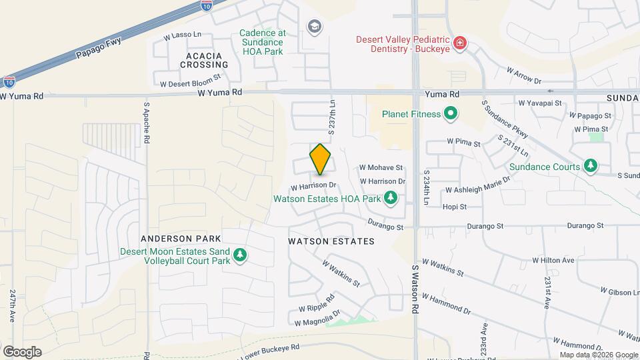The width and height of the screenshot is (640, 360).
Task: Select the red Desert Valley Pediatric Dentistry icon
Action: (459, 44)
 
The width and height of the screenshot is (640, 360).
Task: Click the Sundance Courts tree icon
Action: (589, 166)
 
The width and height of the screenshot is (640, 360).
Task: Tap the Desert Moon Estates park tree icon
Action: (240, 255)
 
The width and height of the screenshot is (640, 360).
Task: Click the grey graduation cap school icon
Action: (314, 26)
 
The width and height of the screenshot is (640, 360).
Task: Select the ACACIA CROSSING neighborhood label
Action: (204, 59)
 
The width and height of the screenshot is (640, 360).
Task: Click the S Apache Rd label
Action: (147, 124)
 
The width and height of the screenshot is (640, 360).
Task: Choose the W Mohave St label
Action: (381, 168)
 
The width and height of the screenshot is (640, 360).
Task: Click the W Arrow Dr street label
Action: (523, 75)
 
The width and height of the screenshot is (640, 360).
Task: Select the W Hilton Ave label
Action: (553, 260)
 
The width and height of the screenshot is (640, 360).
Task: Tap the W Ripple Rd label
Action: (316, 304)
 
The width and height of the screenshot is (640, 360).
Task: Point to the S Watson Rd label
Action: (414, 288)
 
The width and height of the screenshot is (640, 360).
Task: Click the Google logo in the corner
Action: (22, 351)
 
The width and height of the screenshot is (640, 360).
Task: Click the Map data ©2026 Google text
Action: (600, 355)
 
